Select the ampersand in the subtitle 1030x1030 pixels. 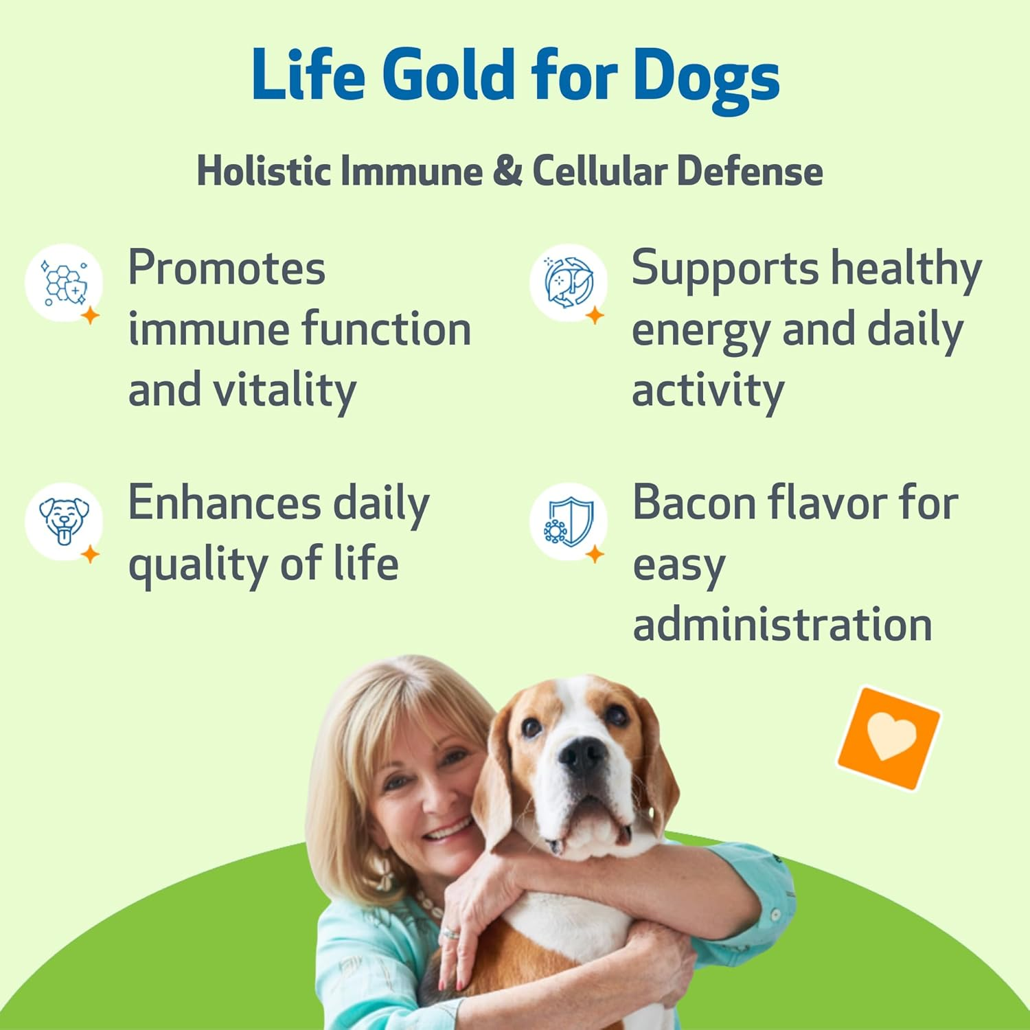pos(507,170)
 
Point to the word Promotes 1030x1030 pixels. pos(227,268)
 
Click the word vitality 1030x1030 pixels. pos(284,391)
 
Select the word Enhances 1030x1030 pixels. pos(224,503)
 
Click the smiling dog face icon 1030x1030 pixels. pos(64,520)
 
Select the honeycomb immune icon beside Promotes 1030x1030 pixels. pos(64,282)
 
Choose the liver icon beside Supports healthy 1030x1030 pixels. pos(568,282)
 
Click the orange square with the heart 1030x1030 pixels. pos(889,738)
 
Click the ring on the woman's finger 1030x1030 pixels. pos(449,933)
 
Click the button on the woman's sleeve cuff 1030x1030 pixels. pos(775,915)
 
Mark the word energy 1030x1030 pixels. pos(700,331)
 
